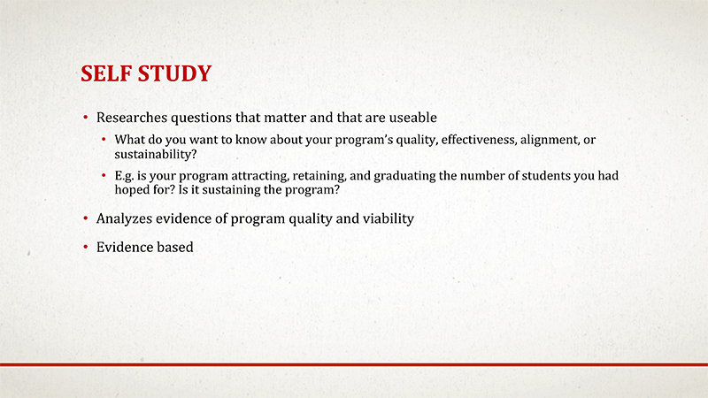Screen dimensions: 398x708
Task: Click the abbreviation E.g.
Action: [125, 176]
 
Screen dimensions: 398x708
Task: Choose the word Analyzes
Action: [124, 218]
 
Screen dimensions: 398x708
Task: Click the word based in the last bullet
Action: [175, 248]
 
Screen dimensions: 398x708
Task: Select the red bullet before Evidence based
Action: [86, 248]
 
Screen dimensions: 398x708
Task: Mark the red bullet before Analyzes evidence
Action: [86, 218]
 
